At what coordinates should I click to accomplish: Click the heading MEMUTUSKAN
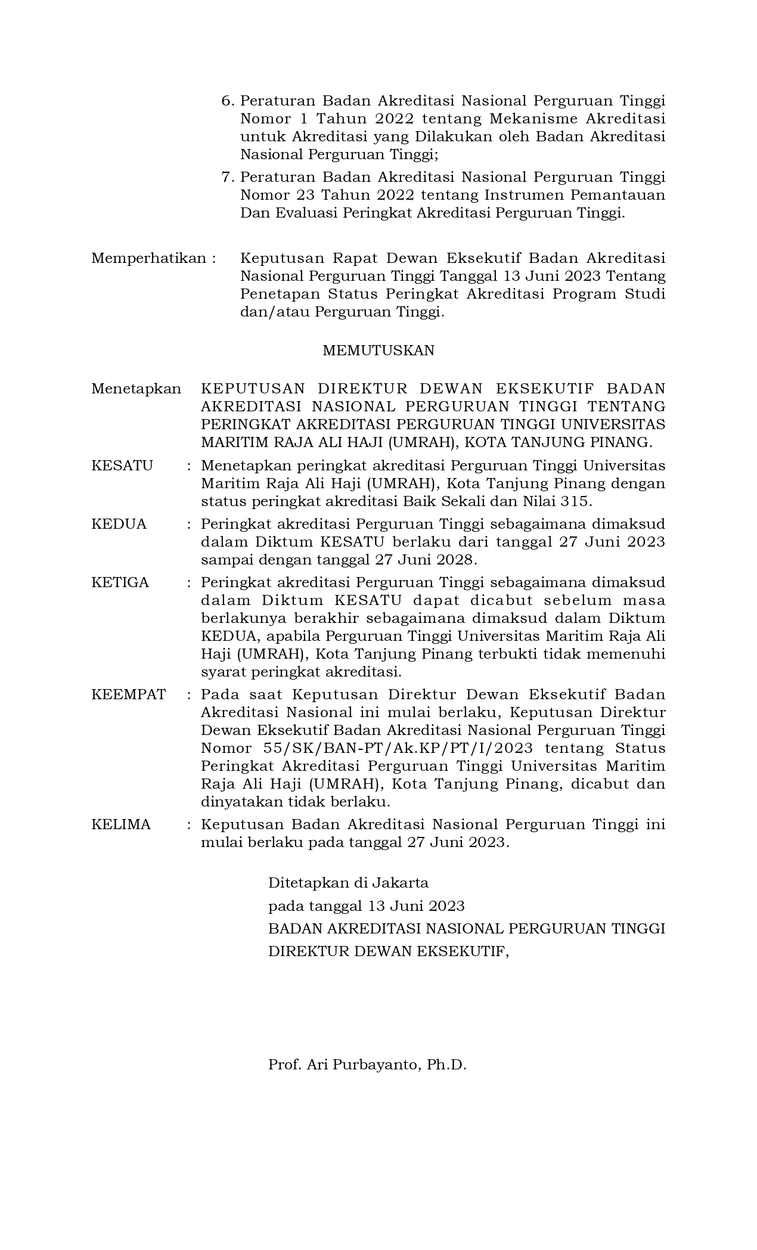click(378, 351)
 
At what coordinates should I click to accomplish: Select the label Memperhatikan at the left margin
click(148, 258)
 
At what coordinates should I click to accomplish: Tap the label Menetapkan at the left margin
click(136, 389)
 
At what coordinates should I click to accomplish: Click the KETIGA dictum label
click(120, 582)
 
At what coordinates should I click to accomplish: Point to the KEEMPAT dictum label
click(128, 694)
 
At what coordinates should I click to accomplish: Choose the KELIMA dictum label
click(121, 824)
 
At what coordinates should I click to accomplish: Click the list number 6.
click(227, 101)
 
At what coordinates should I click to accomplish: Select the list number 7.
click(227, 177)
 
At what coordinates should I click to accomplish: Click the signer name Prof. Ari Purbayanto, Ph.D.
click(367, 1064)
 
